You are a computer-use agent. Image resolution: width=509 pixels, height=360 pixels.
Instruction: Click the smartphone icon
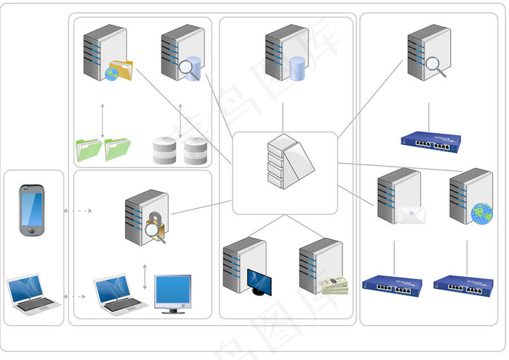pyautogui.click(x=32, y=210)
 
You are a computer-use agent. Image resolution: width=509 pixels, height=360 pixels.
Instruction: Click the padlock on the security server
pyautogui.click(x=155, y=222)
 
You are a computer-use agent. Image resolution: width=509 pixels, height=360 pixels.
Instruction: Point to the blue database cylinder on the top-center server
pyautogui.click(x=297, y=69)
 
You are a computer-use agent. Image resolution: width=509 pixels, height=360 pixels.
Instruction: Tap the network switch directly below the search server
pyautogui.click(x=433, y=141)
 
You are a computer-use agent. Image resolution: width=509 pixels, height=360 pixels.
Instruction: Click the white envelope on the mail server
pyautogui.click(x=411, y=214)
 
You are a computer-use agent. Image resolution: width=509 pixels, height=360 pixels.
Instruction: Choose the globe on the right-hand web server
pyautogui.click(x=481, y=213)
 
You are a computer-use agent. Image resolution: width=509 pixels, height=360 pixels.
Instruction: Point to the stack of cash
pyautogui.click(x=334, y=284)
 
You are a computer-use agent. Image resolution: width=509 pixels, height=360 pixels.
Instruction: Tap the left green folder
pyautogui.click(x=89, y=149)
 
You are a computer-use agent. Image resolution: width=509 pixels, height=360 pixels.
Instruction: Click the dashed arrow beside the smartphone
pyautogui.click(x=78, y=211)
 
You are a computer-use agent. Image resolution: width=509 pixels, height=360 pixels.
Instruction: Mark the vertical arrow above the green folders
pyautogui.click(x=102, y=120)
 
